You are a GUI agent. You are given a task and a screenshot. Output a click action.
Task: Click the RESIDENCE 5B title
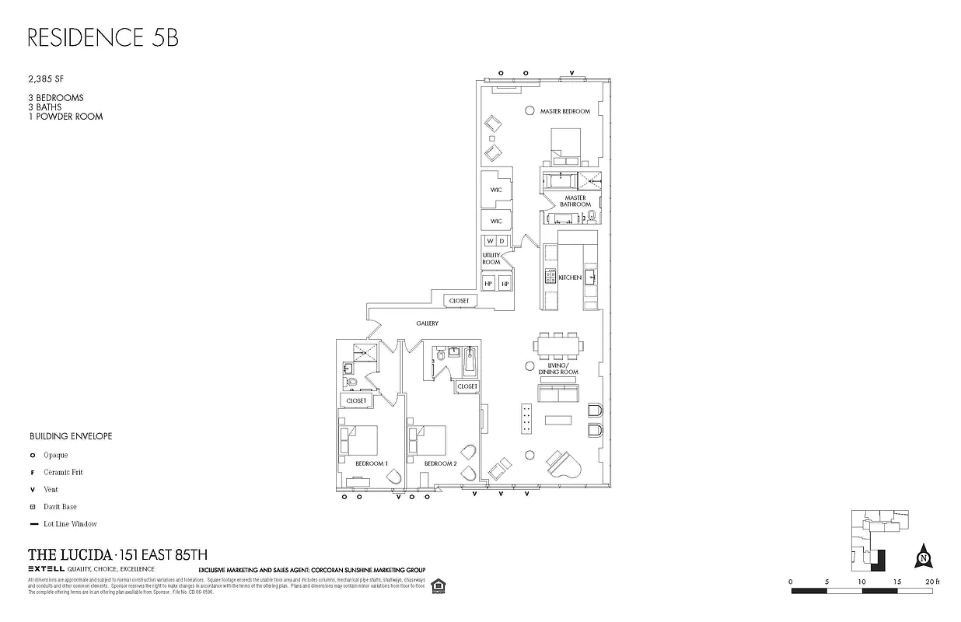(x=103, y=38)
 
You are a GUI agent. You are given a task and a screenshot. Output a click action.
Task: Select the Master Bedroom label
(x=565, y=112)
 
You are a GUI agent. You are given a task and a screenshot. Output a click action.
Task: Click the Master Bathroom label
(x=575, y=201)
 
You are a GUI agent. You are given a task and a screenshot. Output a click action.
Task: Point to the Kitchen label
(x=569, y=278)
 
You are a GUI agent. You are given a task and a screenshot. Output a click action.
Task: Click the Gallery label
(x=427, y=323)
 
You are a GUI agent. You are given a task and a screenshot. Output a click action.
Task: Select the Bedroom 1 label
(x=371, y=463)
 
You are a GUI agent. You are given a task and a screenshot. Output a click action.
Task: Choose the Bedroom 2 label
(x=440, y=463)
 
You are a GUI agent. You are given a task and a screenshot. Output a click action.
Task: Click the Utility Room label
(x=491, y=259)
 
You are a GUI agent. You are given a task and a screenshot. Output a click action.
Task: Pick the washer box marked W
(x=489, y=241)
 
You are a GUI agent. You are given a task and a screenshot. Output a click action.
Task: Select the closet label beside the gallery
(x=459, y=301)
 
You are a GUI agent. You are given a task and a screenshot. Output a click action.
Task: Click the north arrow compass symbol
(x=924, y=557)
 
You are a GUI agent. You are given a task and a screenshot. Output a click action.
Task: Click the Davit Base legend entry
(x=60, y=507)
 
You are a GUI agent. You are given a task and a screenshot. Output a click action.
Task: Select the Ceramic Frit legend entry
(x=63, y=472)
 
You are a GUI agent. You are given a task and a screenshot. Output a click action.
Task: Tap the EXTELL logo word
(x=45, y=570)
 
